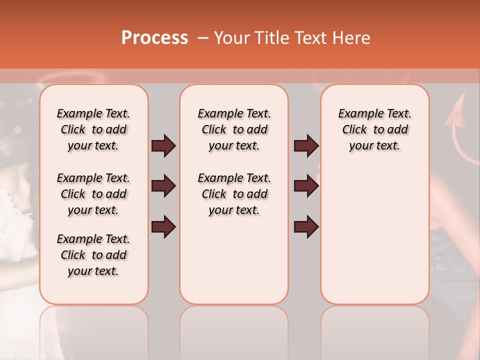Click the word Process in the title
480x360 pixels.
[154, 38]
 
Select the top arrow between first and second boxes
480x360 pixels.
[163, 146]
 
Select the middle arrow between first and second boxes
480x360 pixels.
[163, 186]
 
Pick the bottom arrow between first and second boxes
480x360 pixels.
[163, 226]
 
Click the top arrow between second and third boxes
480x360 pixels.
[306, 146]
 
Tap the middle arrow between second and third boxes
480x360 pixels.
[306, 186]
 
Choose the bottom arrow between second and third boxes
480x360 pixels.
[306, 226]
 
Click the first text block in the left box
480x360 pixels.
[93, 129]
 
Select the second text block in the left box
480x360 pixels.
[93, 194]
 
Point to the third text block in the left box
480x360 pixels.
[93, 255]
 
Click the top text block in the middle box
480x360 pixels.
[234, 129]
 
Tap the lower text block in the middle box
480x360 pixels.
[234, 194]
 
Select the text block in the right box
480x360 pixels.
[374, 129]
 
